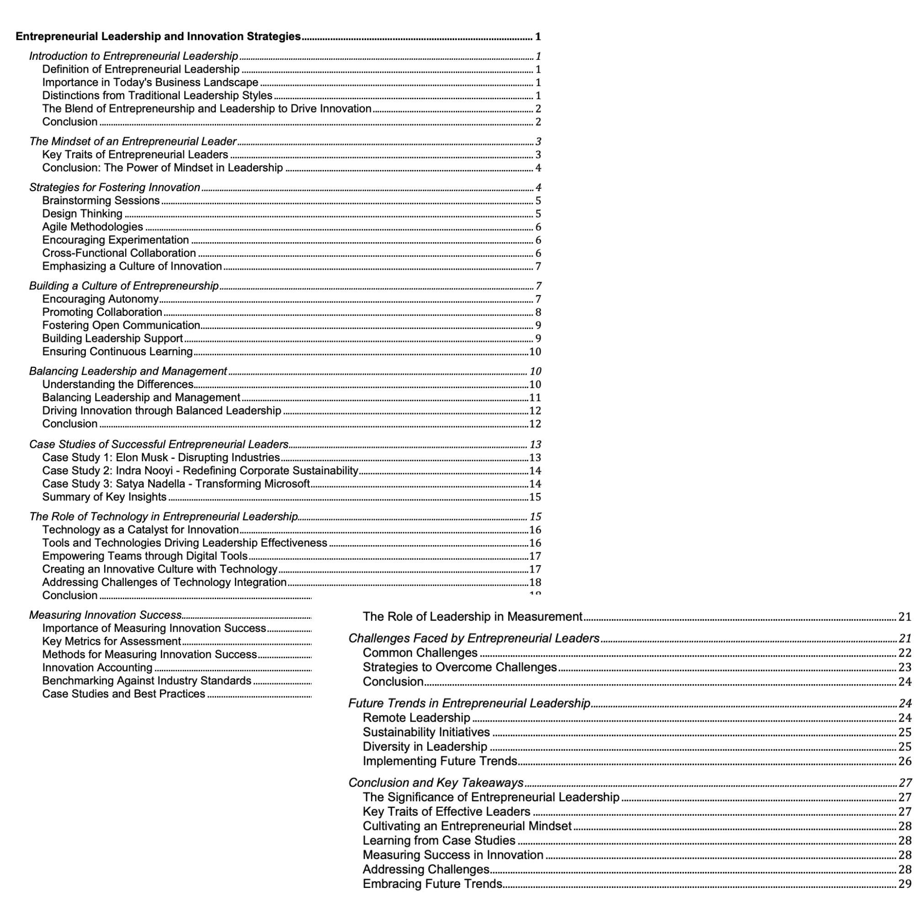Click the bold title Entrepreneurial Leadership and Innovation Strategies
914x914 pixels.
coord(158,37)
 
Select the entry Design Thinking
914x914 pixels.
coord(82,214)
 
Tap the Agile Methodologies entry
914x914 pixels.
coord(92,227)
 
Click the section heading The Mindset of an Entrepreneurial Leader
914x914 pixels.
coord(133,142)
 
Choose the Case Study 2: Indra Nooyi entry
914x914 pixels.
coord(200,471)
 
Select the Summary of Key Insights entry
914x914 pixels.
coord(104,497)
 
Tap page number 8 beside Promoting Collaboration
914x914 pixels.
coord(538,312)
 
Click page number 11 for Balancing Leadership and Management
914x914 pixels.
coord(535,398)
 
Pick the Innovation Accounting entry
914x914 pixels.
coord(97,668)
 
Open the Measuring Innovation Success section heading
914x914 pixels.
coord(105,615)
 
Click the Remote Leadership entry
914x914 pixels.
coord(416,717)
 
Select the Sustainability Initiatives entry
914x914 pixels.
coord(426,732)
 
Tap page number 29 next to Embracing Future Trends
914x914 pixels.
coord(904,884)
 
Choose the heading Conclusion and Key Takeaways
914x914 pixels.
coord(436,783)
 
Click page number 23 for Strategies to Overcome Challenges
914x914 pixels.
coord(904,668)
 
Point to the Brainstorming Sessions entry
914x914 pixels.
coord(101,201)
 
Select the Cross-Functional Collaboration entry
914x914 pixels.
coord(119,253)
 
